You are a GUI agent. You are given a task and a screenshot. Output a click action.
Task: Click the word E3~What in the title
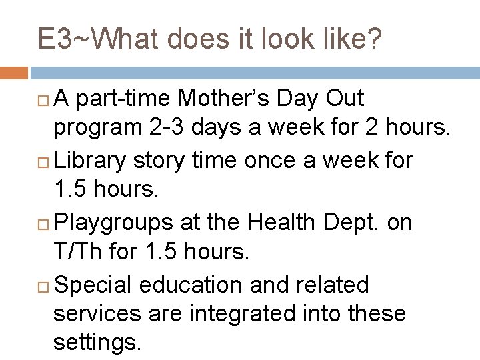[x=97, y=41]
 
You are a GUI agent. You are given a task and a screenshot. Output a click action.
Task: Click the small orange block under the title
[x=14, y=71]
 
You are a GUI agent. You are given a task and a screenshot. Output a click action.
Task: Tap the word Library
[x=95, y=161]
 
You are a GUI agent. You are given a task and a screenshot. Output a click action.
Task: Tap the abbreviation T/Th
[x=79, y=253]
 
